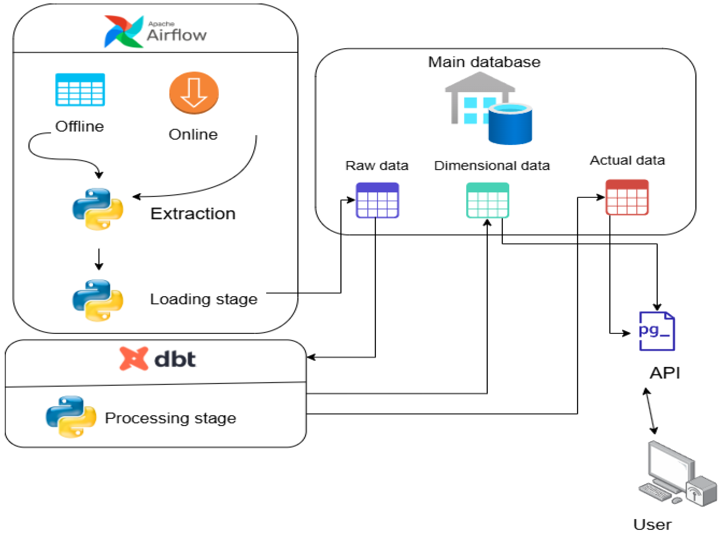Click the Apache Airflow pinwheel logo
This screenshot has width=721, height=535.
click(124, 31)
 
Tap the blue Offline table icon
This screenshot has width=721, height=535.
click(80, 90)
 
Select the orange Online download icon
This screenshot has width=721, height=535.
click(194, 93)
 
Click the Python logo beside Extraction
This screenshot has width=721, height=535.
click(98, 209)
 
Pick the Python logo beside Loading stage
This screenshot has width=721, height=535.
click(98, 300)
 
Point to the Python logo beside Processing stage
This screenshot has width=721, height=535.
click(71, 417)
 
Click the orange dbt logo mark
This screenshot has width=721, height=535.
click(134, 359)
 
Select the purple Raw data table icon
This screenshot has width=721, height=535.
click(377, 200)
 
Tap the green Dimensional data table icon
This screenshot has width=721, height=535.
click(487, 200)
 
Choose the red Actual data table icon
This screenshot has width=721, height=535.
click(627, 197)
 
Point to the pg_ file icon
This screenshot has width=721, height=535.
click(656, 331)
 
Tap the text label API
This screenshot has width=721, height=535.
click(665, 373)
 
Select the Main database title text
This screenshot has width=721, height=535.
click(484, 62)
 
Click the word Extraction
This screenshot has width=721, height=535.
click(193, 214)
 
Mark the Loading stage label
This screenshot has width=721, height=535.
click(203, 299)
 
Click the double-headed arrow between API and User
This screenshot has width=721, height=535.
click(650, 411)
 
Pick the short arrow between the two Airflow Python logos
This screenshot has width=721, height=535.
click(99, 259)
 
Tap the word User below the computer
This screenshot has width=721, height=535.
click(652, 525)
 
